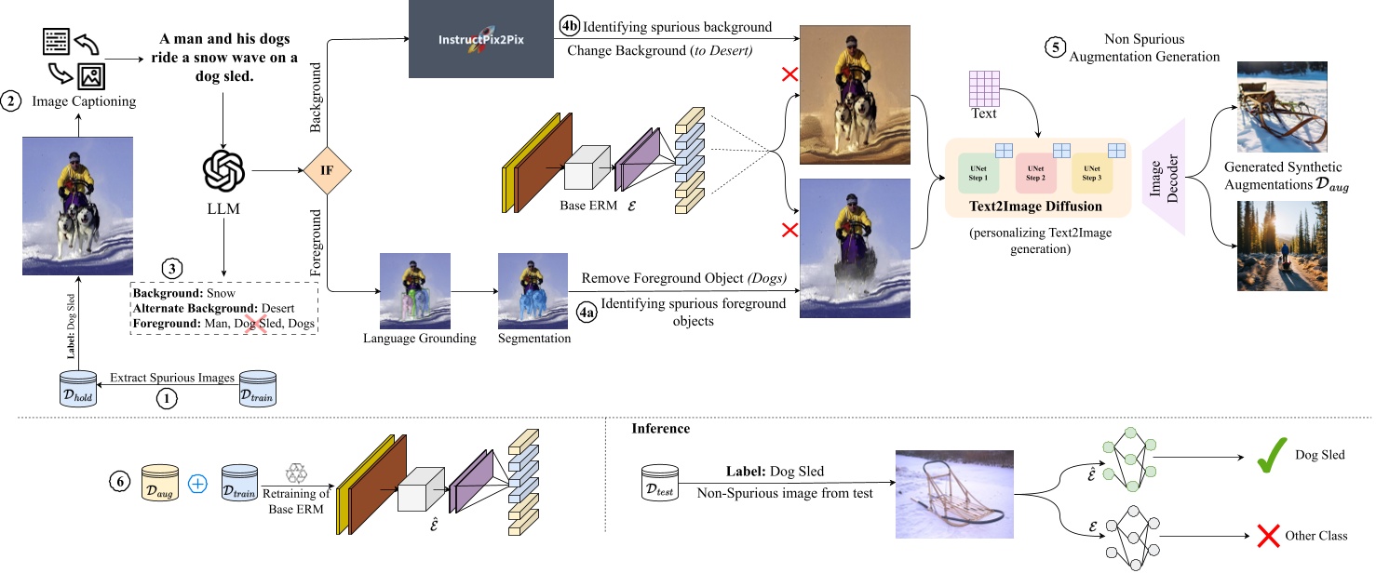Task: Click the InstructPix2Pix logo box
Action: (480, 41)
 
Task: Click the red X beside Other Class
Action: (1267, 536)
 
